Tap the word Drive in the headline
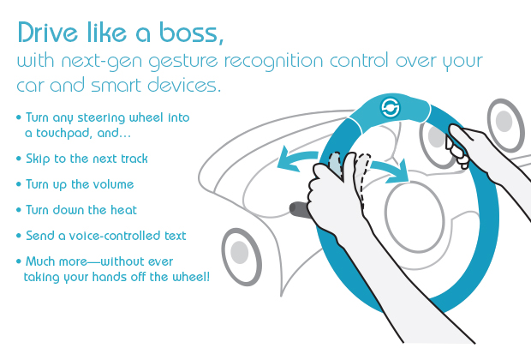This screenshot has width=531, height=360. (48, 33)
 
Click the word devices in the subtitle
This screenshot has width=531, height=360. (184, 85)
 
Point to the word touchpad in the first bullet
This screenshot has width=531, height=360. (63, 134)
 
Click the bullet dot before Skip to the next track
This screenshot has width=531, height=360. (19, 159)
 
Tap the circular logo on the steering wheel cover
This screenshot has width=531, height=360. (391, 108)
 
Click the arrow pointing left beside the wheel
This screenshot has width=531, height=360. (296, 159)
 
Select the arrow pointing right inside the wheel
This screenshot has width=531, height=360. (390, 170)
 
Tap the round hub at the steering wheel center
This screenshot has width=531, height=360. (415, 217)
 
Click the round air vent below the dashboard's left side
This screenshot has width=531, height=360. (242, 256)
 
